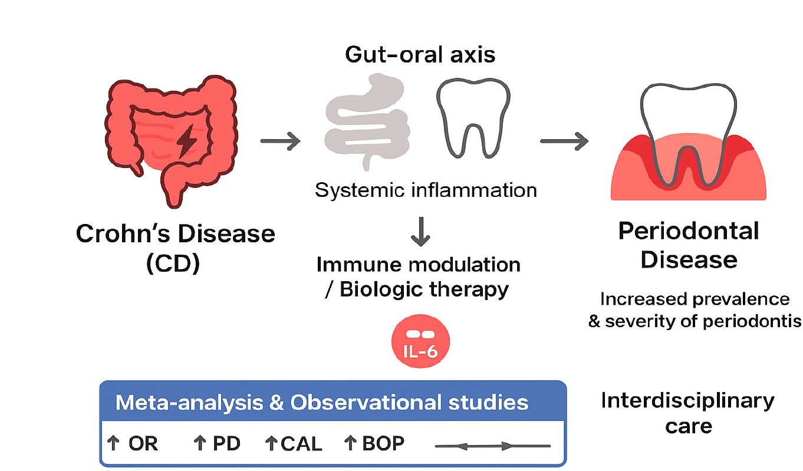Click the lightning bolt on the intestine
tap(186, 141)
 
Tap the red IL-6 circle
tap(420, 341)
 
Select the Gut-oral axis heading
tap(420, 55)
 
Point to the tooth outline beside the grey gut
tap(473, 118)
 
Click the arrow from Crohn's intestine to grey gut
tap(280, 141)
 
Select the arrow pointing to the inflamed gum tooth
tap(564, 141)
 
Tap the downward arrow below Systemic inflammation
tap(420, 232)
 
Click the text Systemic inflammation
tap(426, 190)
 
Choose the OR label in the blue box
tap(143, 443)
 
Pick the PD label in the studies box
tap(226, 443)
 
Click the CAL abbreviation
tap(301, 444)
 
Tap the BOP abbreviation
tap(383, 443)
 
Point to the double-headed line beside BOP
tap(492, 446)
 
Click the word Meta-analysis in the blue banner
tap(189, 403)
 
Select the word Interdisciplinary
tap(688, 401)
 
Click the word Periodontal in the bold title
tap(689, 231)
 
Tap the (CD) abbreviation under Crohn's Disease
tap(173, 264)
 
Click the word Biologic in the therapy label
tap(381, 289)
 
